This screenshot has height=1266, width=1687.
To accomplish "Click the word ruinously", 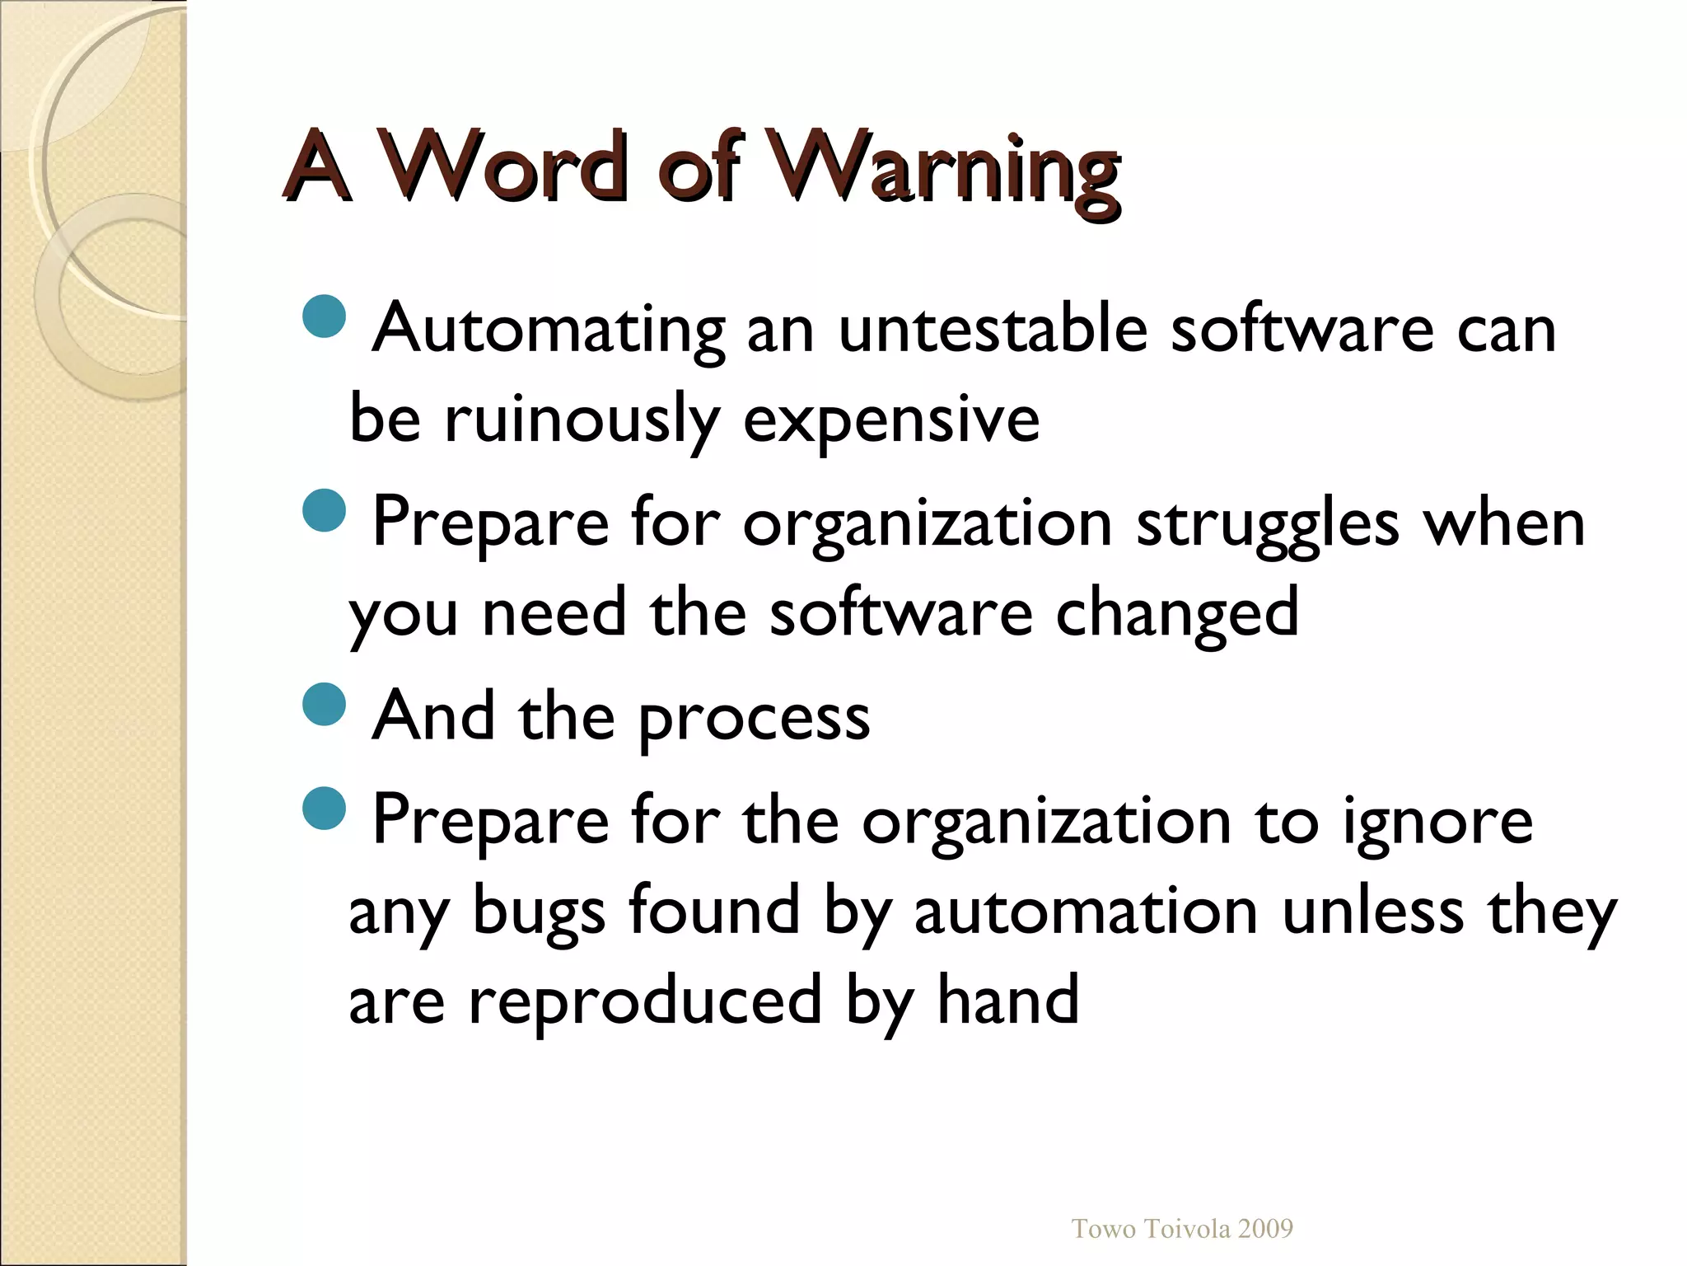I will click(x=582, y=420).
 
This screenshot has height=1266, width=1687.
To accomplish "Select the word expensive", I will click(x=891, y=420).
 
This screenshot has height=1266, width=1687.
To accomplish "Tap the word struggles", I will click(x=1268, y=523).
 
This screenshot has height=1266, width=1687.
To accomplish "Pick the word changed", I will click(x=1177, y=614).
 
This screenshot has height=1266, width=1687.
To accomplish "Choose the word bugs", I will click(x=540, y=913).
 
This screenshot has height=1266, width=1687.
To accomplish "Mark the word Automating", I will click(x=549, y=330).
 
